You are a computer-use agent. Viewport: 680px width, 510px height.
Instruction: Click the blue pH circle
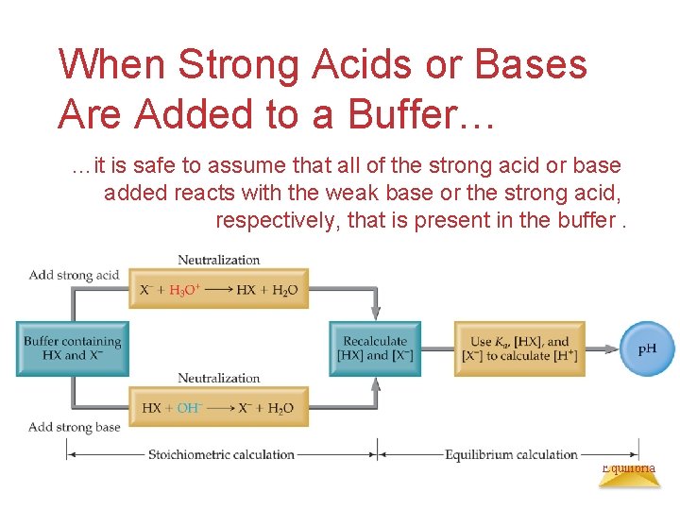point(648,348)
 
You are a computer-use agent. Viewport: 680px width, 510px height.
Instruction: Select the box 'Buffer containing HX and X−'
point(73,348)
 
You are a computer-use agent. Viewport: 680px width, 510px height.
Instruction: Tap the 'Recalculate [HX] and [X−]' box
point(375,348)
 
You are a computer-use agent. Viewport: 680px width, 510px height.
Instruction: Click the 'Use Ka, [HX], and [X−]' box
point(519,348)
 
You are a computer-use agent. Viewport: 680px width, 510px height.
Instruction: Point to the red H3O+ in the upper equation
point(184,290)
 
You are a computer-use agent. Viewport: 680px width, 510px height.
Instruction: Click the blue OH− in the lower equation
point(189,408)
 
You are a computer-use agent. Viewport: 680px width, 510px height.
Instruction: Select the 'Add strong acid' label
point(74,275)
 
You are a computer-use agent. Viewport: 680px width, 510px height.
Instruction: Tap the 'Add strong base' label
point(75,427)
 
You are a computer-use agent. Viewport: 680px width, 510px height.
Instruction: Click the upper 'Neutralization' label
point(218,260)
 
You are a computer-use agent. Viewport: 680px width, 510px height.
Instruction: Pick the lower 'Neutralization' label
point(218,378)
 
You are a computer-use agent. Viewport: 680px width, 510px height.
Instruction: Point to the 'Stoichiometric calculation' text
point(221,454)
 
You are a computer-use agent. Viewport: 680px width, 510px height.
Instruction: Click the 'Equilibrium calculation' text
point(511,454)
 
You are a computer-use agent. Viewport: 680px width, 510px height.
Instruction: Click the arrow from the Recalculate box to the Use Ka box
point(437,348)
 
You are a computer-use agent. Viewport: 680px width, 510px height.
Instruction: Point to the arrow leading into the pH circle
point(603,348)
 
